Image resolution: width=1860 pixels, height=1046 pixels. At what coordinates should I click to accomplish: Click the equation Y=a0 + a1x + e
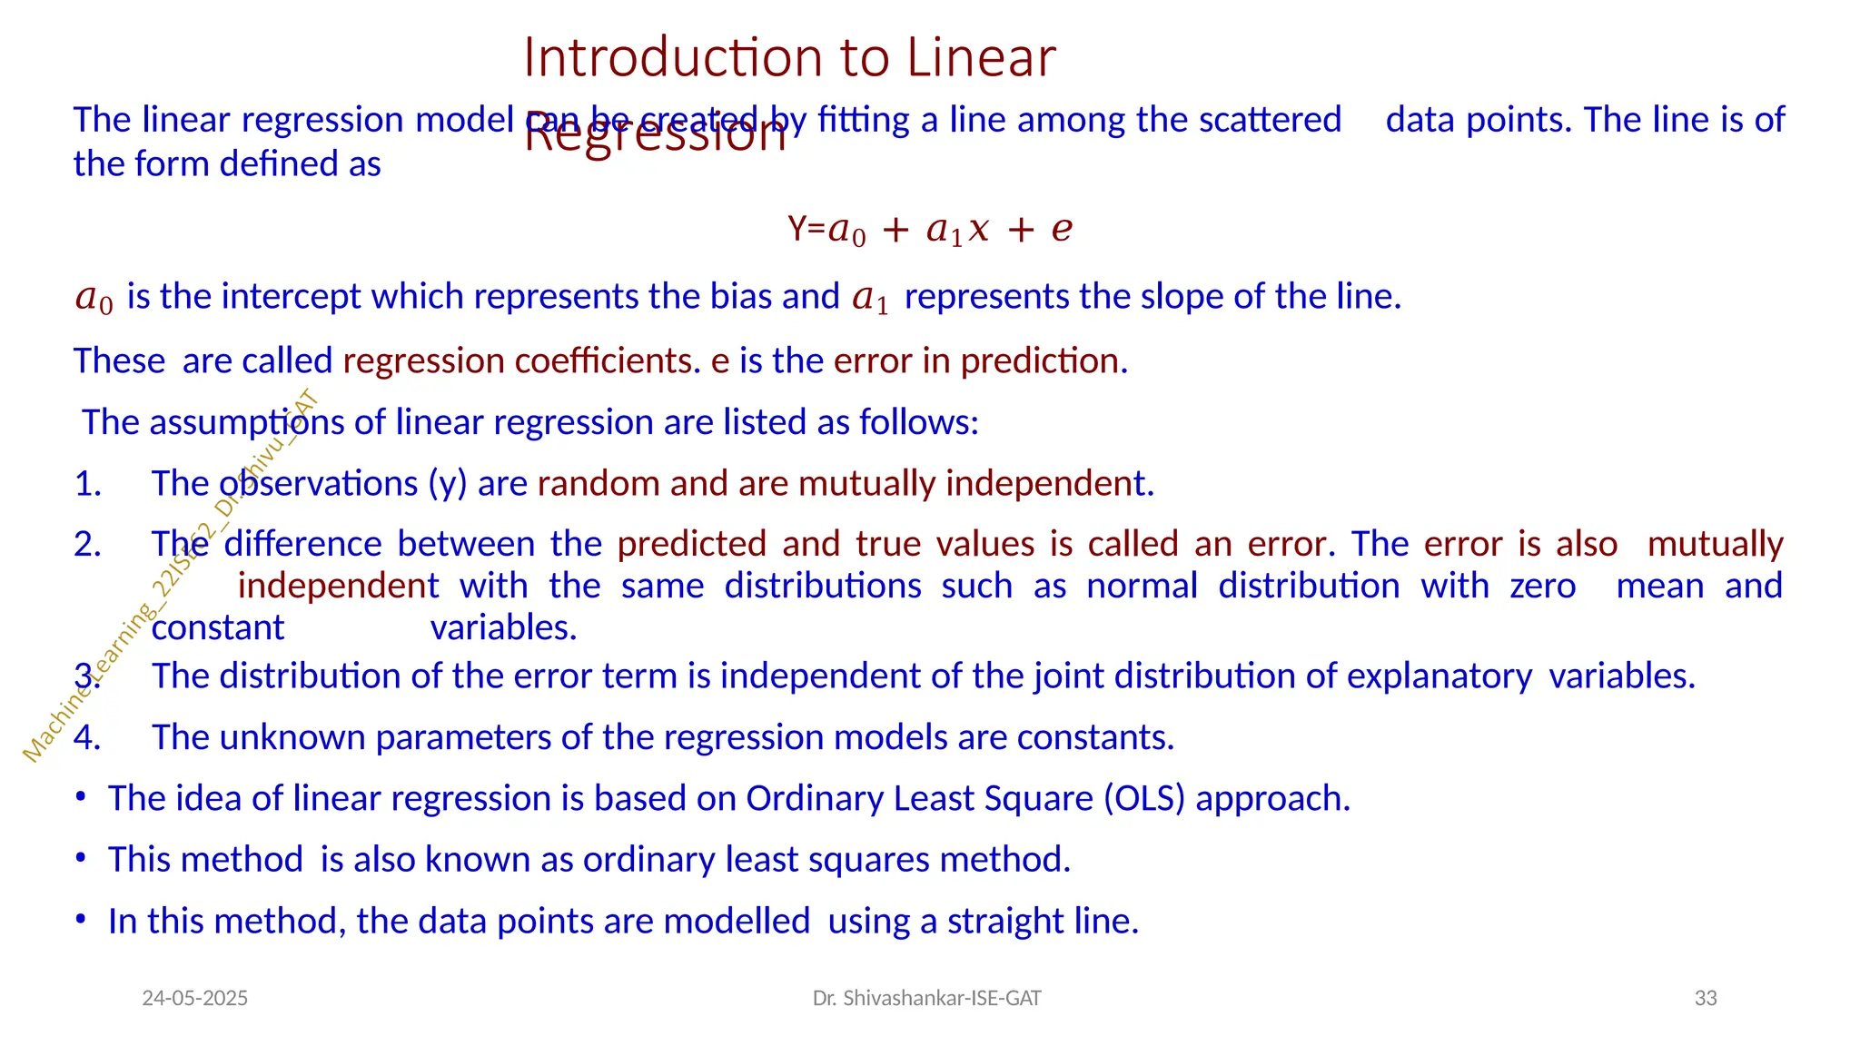tap(930, 229)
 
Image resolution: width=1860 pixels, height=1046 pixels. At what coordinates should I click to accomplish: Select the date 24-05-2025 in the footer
tap(195, 999)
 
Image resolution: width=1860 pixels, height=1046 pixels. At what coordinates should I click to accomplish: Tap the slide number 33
tap(1706, 999)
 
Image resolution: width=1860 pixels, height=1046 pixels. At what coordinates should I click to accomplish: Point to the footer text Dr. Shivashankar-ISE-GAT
tap(926, 999)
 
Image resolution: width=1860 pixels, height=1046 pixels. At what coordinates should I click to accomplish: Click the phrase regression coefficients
tap(518, 361)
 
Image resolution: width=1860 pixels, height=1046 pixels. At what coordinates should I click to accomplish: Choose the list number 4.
tap(87, 737)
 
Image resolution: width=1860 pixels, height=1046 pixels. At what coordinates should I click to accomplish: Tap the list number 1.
tap(87, 484)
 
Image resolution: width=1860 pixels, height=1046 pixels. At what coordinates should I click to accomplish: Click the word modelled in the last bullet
tap(737, 922)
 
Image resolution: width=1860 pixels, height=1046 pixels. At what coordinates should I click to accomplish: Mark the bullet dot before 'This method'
tap(81, 858)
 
